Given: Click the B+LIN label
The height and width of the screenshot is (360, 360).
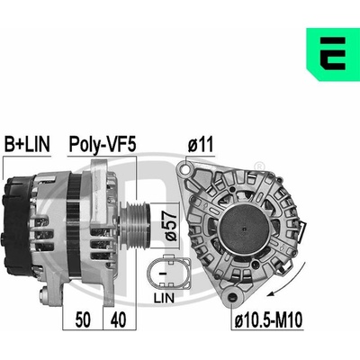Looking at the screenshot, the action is pyautogui.click(x=27, y=144).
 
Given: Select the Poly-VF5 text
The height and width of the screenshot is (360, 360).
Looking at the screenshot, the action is pyautogui.click(x=103, y=145).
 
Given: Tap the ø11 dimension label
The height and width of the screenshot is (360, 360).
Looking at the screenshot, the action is pyautogui.click(x=201, y=144).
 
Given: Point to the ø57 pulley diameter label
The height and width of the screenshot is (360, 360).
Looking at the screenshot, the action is pyautogui.click(x=170, y=225).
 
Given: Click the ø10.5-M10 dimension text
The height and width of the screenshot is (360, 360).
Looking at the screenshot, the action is pyautogui.click(x=268, y=320).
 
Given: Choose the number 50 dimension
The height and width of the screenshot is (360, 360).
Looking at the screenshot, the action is pyautogui.click(x=83, y=319).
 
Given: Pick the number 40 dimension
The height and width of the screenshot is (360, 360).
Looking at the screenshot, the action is pyautogui.click(x=118, y=319).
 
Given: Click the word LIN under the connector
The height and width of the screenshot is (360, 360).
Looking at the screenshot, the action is pyautogui.click(x=164, y=298).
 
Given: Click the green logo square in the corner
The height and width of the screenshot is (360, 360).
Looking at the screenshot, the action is pyautogui.click(x=333, y=55).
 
